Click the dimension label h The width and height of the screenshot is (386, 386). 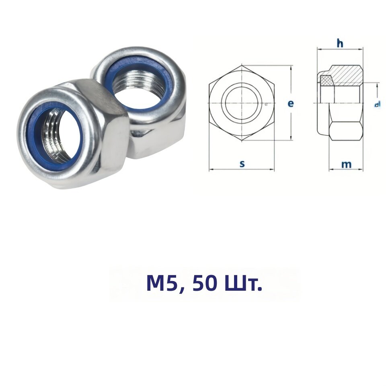coord(340,43)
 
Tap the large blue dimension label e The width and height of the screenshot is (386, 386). coord(291,104)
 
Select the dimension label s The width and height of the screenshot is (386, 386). coord(242,164)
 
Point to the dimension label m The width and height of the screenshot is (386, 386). coord(346,164)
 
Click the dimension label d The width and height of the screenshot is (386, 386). coord(377,105)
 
